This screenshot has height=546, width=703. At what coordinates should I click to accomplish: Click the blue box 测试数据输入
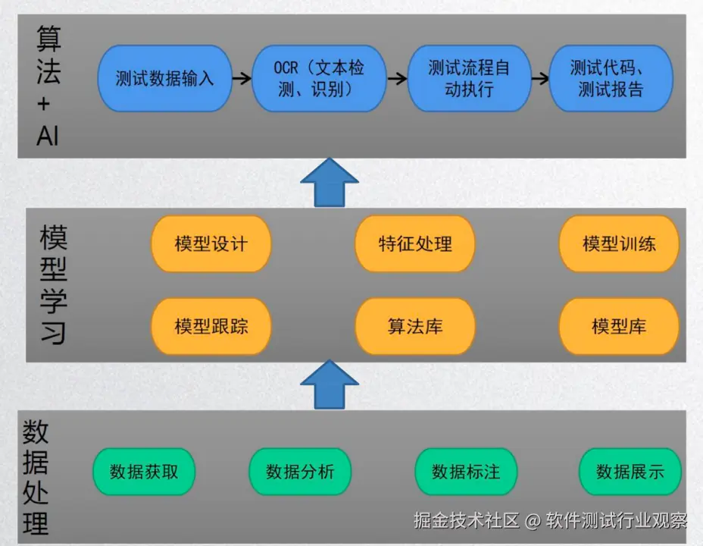(164, 79)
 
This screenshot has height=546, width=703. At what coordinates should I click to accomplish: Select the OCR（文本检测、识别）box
(319, 79)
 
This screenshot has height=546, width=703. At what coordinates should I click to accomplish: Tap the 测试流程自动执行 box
(469, 79)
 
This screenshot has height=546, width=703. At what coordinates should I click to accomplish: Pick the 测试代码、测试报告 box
(611, 79)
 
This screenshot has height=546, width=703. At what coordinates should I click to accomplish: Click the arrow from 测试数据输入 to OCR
(241, 78)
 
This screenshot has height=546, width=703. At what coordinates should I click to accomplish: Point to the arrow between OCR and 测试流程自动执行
(396, 78)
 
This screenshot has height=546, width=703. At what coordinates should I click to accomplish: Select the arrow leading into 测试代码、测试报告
(540, 78)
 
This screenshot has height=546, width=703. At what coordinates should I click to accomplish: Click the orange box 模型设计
(211, 244)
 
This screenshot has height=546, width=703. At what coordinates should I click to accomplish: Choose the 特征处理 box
(415, 244)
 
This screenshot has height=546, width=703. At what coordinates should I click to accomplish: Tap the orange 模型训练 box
(619, 244)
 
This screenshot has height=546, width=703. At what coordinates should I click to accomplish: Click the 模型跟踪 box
(211, 327)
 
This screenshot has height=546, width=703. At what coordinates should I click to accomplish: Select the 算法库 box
(415, 327)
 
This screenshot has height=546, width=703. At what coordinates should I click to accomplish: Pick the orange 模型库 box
(619, 327)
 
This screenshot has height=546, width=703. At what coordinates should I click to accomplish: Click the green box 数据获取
(144, 472)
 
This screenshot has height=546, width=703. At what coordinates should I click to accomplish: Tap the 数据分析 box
(300, 472)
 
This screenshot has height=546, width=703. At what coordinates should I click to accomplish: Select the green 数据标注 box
(466, 472)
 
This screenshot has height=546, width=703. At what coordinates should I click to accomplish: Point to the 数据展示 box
(630, 472)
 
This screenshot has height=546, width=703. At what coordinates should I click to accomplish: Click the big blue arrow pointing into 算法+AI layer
(329, 183)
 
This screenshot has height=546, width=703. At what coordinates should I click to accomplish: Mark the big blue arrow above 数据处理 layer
(329, 384)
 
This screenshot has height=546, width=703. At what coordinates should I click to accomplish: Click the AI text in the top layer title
(47, 136)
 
